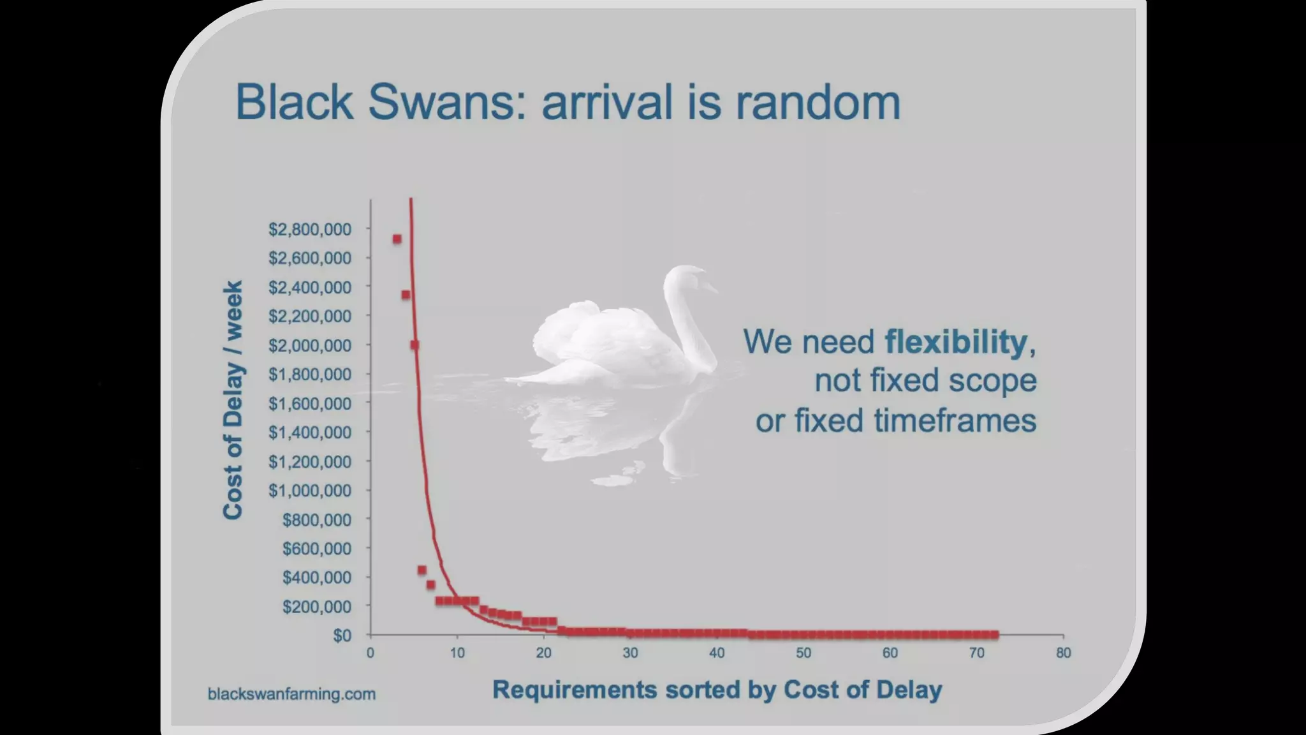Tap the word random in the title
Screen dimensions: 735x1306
coord(818,102)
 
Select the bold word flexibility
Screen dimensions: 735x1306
coord(956,341)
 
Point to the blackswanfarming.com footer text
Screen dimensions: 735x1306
coord(291,694)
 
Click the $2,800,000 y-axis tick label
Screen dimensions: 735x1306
coord(310,230)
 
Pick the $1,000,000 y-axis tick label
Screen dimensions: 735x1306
coord(310,491)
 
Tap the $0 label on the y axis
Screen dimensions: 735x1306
coord(342,635)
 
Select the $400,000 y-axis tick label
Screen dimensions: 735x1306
coord(317,577)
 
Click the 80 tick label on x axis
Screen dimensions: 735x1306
coord(1063,653)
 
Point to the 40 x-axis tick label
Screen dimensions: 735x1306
coord(717,653)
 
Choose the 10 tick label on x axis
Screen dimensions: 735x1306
coord(457,653)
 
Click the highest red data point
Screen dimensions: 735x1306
coord(397,239)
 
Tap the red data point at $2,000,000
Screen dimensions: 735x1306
coord(415,345)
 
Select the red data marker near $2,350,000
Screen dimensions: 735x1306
coord(406,295)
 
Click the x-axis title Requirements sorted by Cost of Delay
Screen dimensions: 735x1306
coord(717,690)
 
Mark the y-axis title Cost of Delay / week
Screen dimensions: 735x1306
coord(233,400)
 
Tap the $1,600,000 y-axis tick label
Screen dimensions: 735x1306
coord(310,404)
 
